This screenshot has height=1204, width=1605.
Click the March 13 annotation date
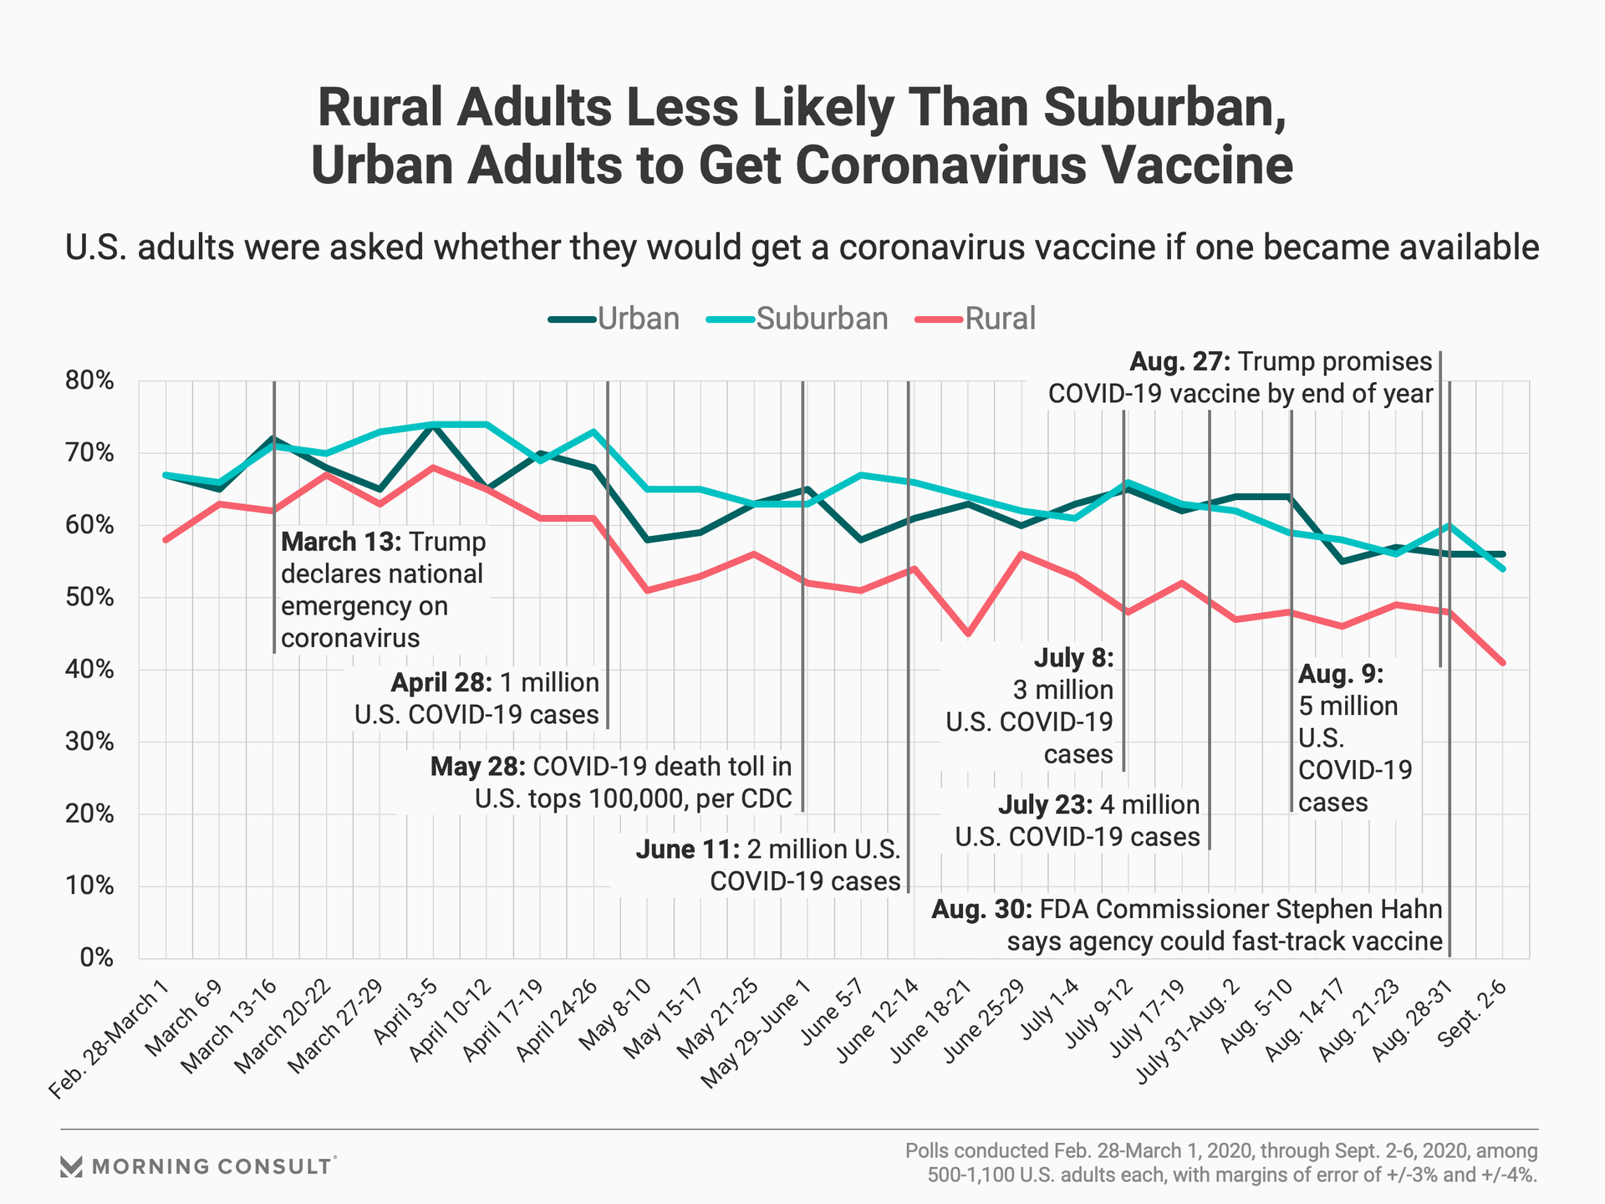click(341, 542)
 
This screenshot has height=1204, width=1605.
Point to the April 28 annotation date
click(441, 683)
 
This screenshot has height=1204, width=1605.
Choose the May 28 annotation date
click(477, 766)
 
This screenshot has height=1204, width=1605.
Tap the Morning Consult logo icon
click(72, 1166)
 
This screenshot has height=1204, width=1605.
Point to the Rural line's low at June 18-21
click(968, 634)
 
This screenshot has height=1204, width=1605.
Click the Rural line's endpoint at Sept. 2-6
click(1503, 663)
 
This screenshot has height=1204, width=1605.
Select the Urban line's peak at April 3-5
click(433, 425)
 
